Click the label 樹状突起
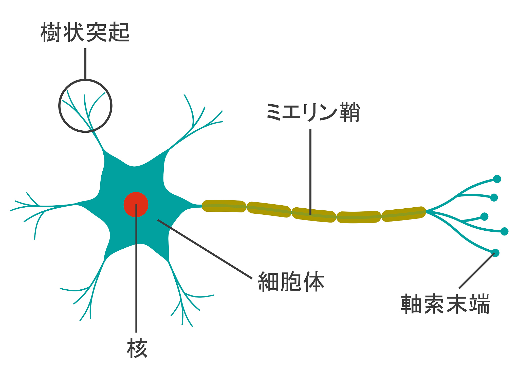(x=85, y=32)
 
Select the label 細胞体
(x=291, y=282)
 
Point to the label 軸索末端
(x=445, y=304)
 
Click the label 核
(x=137, y=349)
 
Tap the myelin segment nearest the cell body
(x=224, y=206)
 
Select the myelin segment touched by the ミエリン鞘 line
(x=314, y=215)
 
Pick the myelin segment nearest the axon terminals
(x=403, y=214)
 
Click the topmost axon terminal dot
(x=497, y=179)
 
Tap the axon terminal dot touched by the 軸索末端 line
(x=495, y=253)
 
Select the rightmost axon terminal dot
(x=505, y=231)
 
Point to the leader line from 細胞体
(x=205, y=249)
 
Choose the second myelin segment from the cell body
(x=269, y=209)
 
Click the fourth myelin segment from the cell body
(x=359, y=217)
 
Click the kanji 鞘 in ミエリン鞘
(x=350, y=112)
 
